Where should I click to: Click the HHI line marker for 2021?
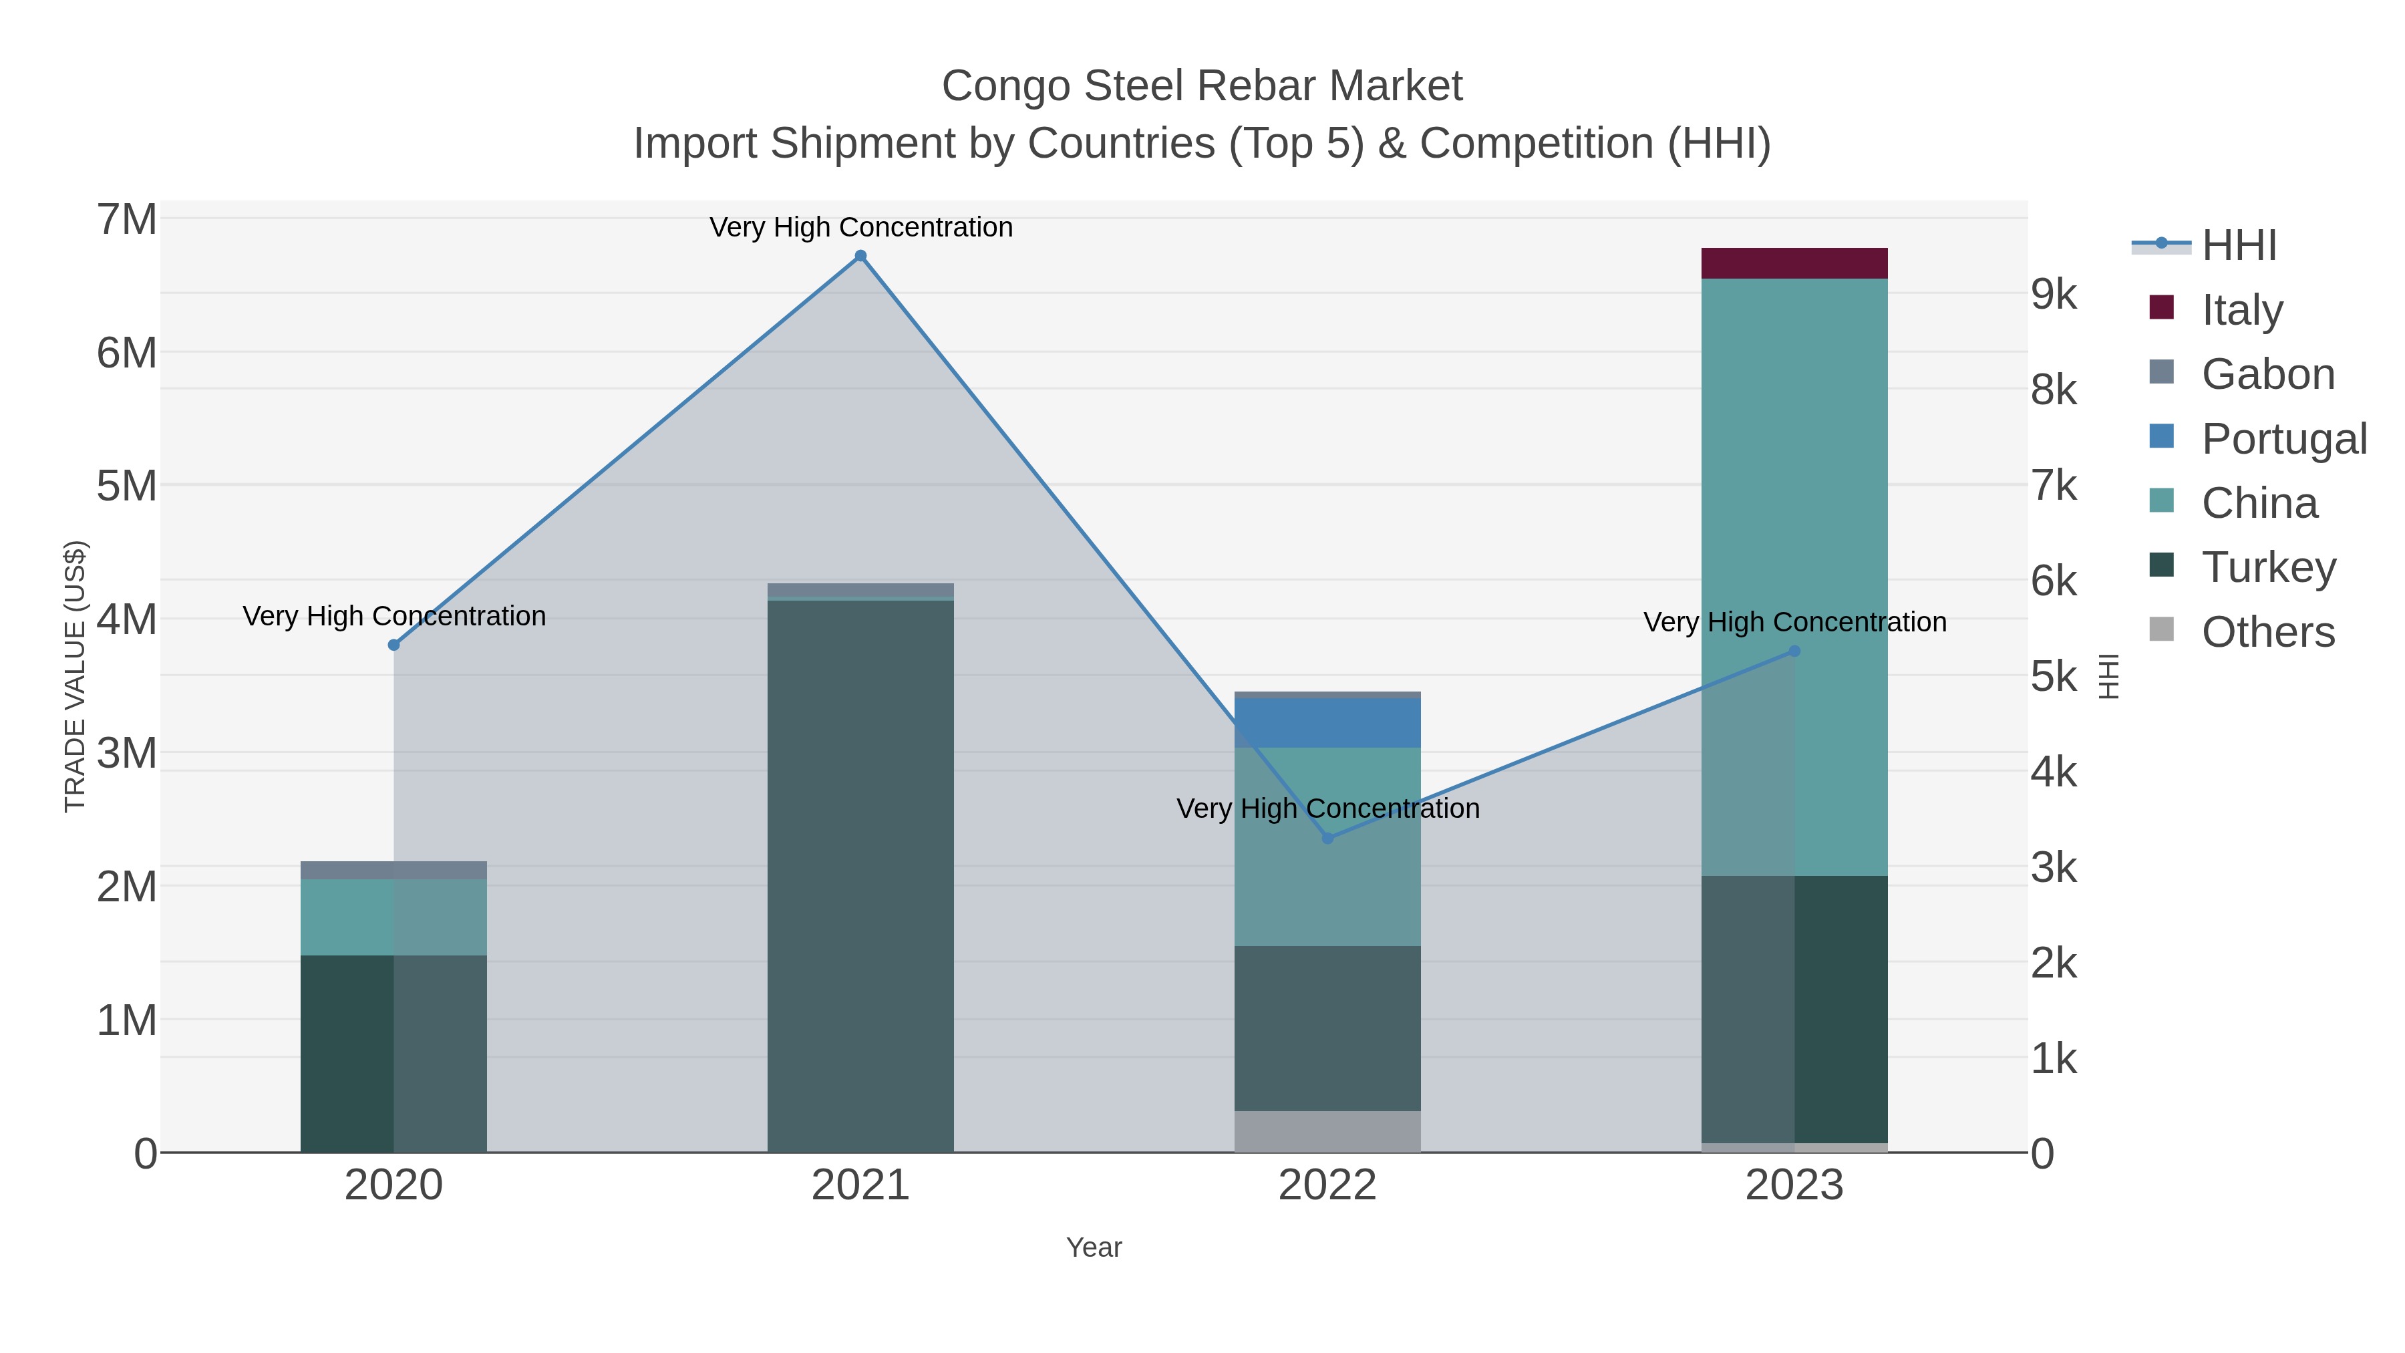[861, 256]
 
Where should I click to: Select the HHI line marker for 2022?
[1327, 839]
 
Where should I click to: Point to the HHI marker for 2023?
[1794, 651]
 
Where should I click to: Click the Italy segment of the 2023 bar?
[1794, 263]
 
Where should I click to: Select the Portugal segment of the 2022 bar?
[1327, 723]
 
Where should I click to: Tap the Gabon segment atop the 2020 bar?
[394, 870]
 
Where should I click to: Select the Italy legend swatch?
[2161, 308]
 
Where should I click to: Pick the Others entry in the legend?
[2268, 632]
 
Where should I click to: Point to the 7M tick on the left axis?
[127, 220]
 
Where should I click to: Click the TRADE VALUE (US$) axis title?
[75, 676]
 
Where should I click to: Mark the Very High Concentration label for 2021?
[861, 227]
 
